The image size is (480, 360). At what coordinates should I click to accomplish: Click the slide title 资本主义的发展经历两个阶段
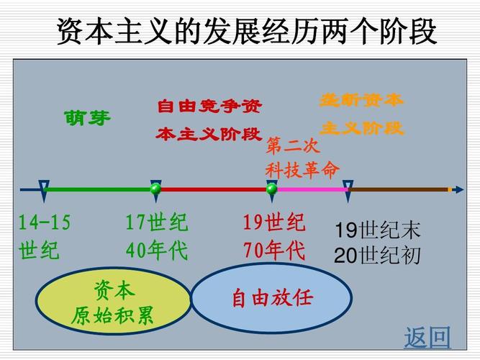tap(246, 32)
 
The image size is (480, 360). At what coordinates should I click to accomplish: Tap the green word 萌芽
tap(88, 118)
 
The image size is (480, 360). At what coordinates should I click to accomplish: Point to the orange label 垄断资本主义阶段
tap(361, 114)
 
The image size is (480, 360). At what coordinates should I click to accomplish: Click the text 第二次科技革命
tap(302, 158)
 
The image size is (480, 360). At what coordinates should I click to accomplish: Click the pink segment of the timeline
tap(309, 189)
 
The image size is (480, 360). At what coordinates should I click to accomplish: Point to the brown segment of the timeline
tap(399, 189)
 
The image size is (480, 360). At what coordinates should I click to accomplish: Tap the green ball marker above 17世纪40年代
tap(155, 189)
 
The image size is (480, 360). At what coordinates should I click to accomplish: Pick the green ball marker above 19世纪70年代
tap(271, 189)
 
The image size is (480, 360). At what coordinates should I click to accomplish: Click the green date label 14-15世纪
tap(45, 237)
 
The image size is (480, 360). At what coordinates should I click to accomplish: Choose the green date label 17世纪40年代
tap(156, 237)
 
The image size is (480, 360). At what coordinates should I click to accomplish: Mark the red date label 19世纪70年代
tap(273, 237)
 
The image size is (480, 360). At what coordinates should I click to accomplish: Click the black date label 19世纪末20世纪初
tap(377, 243)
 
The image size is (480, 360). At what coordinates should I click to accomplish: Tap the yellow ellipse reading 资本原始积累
tap(113, 303)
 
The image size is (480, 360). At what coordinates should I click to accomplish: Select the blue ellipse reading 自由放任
tap(272, 298)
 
